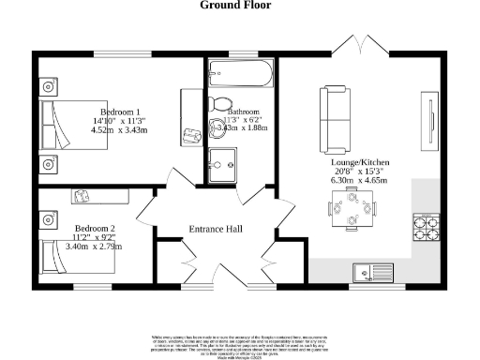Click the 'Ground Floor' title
tap(235, 6)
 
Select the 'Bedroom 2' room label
tap(96, 228)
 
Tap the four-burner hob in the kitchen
tap(425, 226)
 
